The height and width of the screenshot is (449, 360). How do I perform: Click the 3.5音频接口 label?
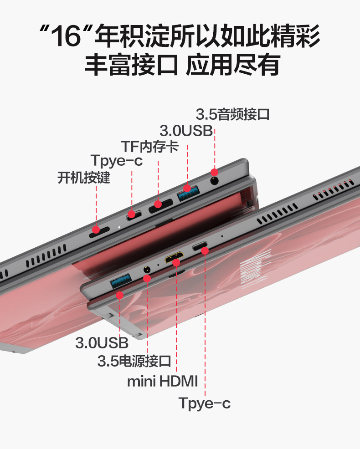pyautogui.click(x=233, y=114)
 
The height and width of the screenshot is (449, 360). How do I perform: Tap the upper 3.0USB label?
pyautogui.click(x=186, y=131)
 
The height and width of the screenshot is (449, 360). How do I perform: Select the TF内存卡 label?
pyautogui.click(x=149, y=147)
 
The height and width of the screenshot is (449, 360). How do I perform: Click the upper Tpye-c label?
pyautogui.click(x=116, y=161)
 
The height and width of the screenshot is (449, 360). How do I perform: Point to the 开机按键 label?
pyautogui.click(x=84, y=177)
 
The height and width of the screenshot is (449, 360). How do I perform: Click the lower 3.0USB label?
pyautogui.click(x=102, y=342)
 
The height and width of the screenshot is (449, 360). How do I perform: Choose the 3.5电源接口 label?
pyautogui.click(x=134, y=362)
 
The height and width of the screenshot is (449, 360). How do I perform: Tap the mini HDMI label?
pyautogui.click(x=162, y=381)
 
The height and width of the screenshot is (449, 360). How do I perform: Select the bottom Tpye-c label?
pyautogui.click(x=205, y=403)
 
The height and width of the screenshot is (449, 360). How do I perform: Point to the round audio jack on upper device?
pyautogui.click(x=215, y=180)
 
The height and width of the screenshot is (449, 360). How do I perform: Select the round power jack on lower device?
pyautogui.click(x=147, y=270)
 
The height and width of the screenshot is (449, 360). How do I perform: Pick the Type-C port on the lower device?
pyautogui.click(x=200, y=247)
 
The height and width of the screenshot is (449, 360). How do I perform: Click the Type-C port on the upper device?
pyautogui.click(x=134, y=214)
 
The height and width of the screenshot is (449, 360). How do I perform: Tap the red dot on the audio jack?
pyautogui.click(x=214, y=172)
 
